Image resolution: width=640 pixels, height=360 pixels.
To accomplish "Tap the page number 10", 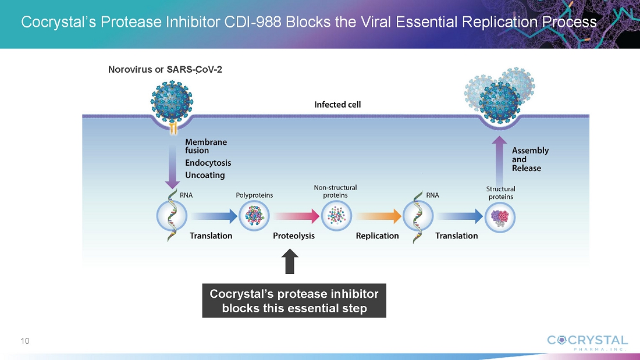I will [x=25, y=340].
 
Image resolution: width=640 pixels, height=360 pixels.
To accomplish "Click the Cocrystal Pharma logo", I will [x=587, y=342].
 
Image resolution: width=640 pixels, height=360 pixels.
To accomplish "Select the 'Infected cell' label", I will [x=337, y=105].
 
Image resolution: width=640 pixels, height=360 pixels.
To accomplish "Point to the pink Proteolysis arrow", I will [x=297, y=216].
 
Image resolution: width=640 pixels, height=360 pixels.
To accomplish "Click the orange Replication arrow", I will [x=379, y=216].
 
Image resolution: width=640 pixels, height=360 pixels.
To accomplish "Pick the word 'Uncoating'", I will [x=205, y=175].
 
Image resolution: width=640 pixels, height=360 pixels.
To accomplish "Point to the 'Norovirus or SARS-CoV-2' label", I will [x=165, y=69].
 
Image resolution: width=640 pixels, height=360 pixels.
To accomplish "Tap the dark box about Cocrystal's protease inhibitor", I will [x=294, y=301].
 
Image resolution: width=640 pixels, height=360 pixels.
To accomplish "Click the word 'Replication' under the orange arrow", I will [x=378, y=236].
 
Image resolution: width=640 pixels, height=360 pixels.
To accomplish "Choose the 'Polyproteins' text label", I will [x=254, y=195].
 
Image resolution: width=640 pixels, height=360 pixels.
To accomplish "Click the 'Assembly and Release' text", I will [x=529, y=159].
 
